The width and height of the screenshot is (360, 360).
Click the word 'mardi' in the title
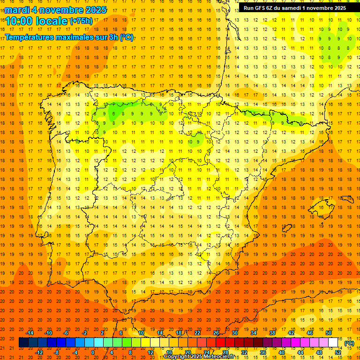(16, 9)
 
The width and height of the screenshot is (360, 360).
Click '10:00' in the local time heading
(18, 21)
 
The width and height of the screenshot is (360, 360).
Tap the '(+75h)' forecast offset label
(82, 21)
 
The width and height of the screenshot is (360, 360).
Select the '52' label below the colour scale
(338, 352)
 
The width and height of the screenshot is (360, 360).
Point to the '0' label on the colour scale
(93, 352)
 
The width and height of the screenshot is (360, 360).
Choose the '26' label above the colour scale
(216, 333)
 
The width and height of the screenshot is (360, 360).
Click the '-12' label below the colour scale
(39, 352)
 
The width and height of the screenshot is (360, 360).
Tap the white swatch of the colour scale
(333, 343)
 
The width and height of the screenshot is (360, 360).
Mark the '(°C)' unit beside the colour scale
(349, 343)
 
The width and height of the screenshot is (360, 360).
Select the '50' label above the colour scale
(329, 333)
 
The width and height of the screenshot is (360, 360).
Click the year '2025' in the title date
(94, 9)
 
